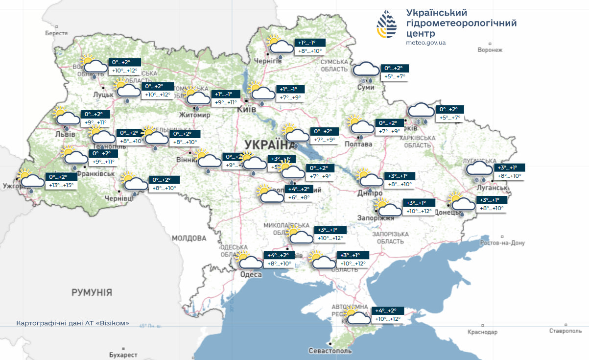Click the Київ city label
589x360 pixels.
tap(246, 110)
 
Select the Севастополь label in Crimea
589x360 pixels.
tap(330, 351)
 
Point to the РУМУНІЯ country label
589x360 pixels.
tap(92, 292)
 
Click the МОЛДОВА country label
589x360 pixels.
tap(189, 238)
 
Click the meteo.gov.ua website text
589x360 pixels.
tap(425, 43)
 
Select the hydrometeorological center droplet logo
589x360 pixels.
tap(387, 24)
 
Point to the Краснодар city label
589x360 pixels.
tap(482, 332)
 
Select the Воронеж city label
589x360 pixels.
tap(490, 49)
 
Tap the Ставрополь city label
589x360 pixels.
tap(565, 332)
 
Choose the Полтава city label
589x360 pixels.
tap(358, 144)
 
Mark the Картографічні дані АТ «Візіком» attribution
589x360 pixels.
tap(73, 323)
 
